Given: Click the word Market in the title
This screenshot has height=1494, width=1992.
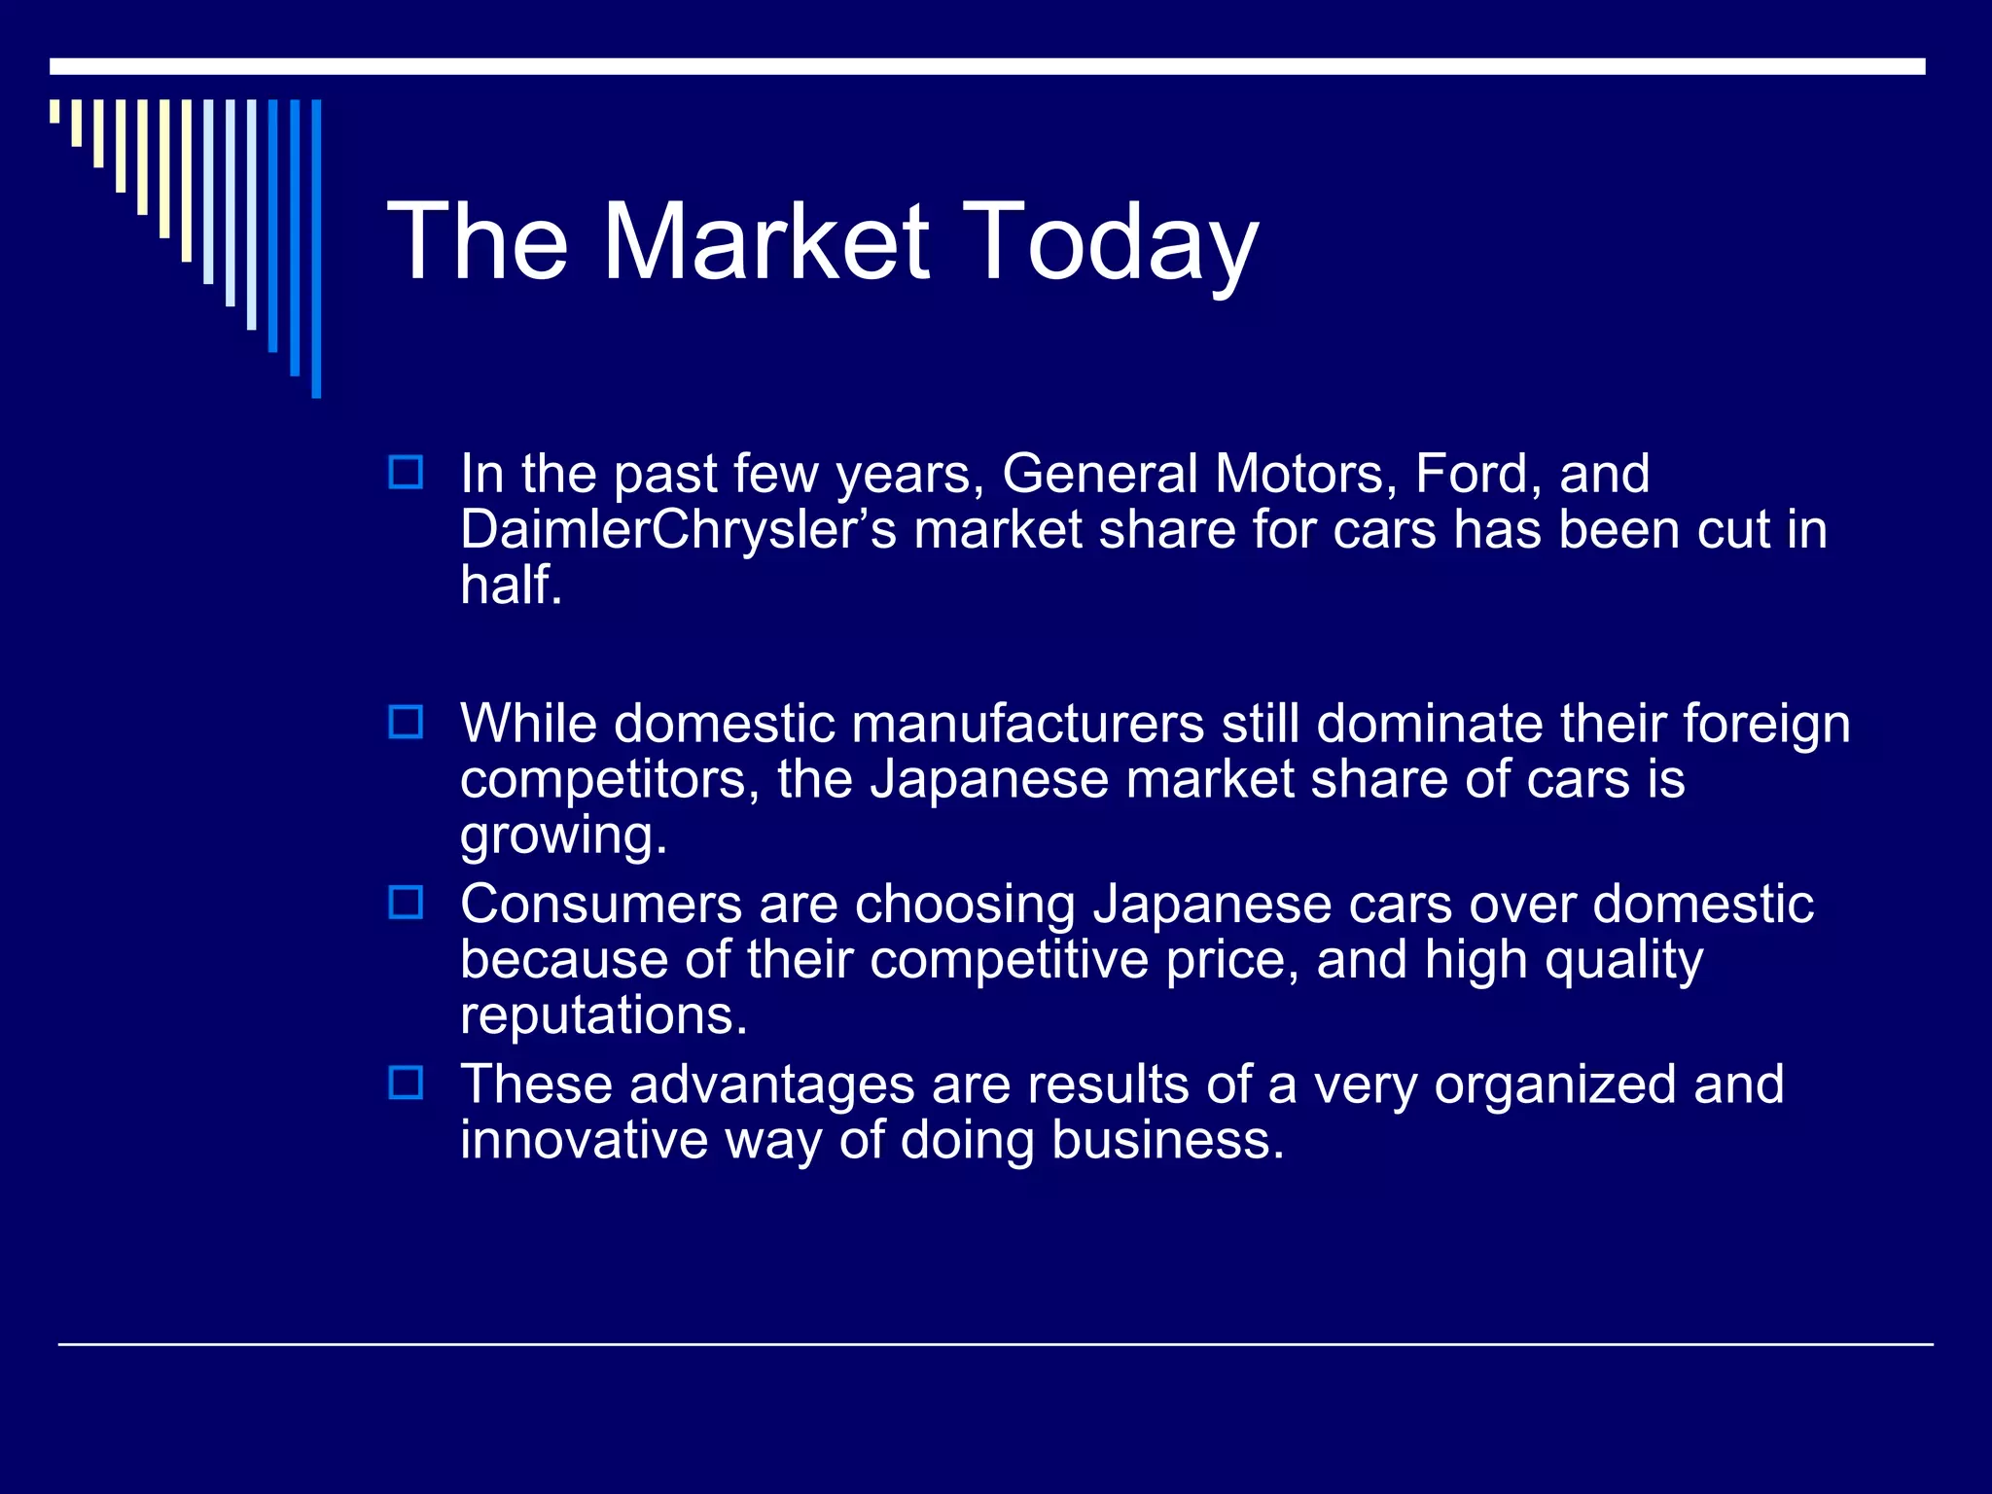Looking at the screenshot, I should (766, 241).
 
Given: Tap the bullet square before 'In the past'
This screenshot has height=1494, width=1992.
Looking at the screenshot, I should (406, 473).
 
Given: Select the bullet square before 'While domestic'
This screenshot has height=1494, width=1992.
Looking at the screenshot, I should (406, 723).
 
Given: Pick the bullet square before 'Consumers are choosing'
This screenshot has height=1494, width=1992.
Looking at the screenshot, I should (406, 903).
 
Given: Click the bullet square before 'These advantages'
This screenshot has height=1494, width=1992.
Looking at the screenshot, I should (406, 1083).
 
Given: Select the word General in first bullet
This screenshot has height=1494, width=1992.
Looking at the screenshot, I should (1099, 474).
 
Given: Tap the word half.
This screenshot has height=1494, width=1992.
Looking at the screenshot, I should (510, 586).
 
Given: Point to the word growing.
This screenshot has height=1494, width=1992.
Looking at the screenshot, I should (562, 836).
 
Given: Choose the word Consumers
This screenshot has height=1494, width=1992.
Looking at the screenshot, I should (600, 905).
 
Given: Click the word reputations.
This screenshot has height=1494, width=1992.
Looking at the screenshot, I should (603, 1016).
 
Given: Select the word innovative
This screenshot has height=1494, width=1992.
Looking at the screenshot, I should (584, 1140).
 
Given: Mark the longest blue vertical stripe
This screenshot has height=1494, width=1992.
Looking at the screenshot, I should (316, 248).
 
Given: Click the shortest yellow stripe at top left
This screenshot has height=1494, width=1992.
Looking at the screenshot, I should (54, 111).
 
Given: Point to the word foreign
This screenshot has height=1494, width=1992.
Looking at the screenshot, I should (1765, 725).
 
